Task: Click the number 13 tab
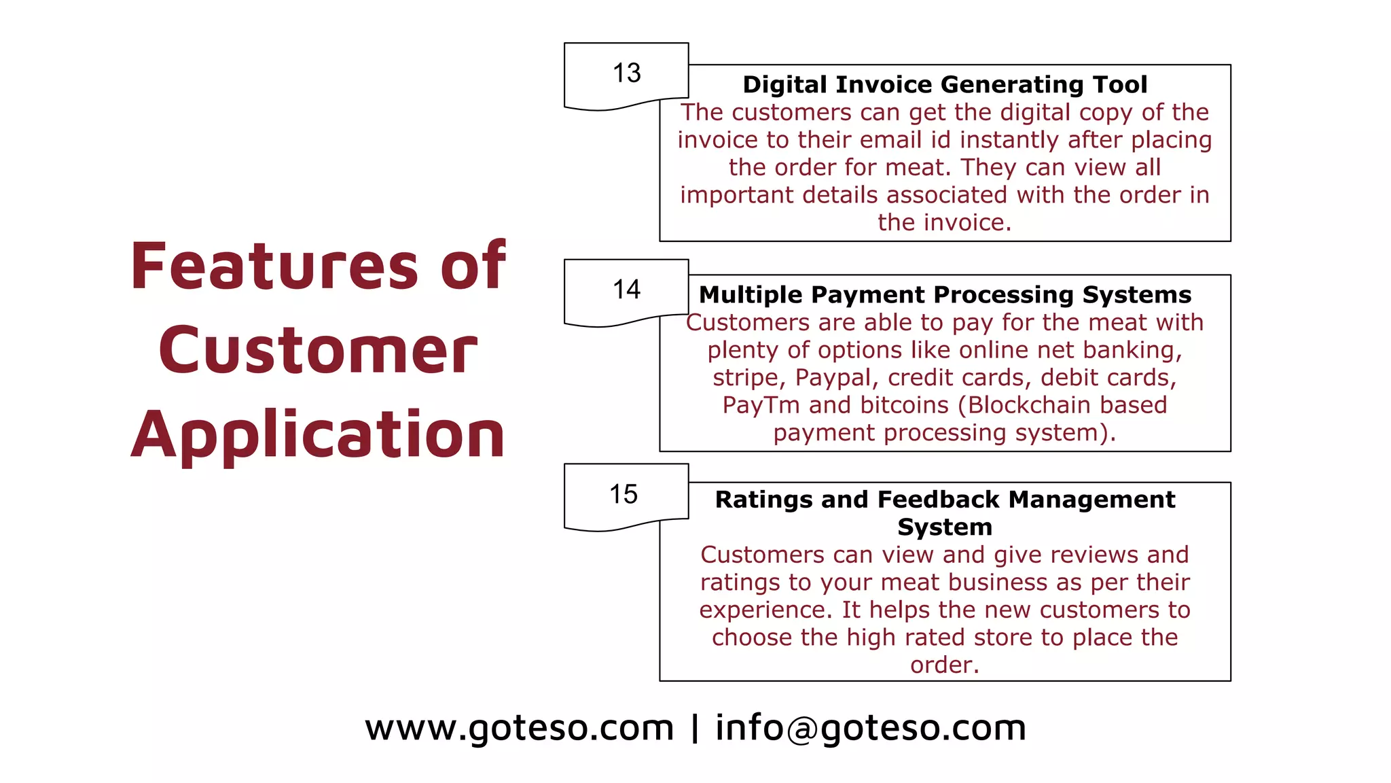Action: [626, 73]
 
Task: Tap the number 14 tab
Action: [626, 290]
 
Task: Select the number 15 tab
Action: [623, 495]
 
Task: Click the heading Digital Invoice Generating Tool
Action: [945, 85]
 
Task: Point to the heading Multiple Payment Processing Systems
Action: [945, 295]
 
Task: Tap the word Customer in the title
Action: [318, 351]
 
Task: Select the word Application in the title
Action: [318, 435]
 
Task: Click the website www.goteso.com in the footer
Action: [520, 728]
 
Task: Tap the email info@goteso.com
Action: [871, 728]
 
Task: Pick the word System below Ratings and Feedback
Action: [945, 527]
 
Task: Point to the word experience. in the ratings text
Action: [765, 610]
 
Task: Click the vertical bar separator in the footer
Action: [694, 728]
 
